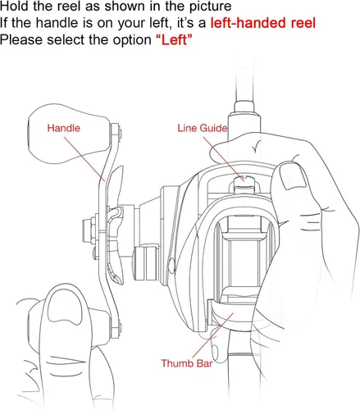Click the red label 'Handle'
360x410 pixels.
[x=63, y=128]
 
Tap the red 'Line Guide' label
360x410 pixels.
[x=203, y=128]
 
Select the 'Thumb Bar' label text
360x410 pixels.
[x=187, y=363]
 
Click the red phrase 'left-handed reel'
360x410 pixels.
[x=263, y=23]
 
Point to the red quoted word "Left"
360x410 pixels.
[x=174, y=40]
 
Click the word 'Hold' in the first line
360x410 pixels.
[x=14, y=6]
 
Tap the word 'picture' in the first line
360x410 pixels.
[x=210, y=7]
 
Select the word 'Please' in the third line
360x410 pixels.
[x=21, y=40]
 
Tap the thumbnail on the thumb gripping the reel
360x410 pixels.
[x=293, y=175]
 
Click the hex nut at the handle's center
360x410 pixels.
[x=89, y=228]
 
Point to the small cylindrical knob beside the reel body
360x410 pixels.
[x=146, y=263]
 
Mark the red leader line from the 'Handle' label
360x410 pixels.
[x=84, y=159]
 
